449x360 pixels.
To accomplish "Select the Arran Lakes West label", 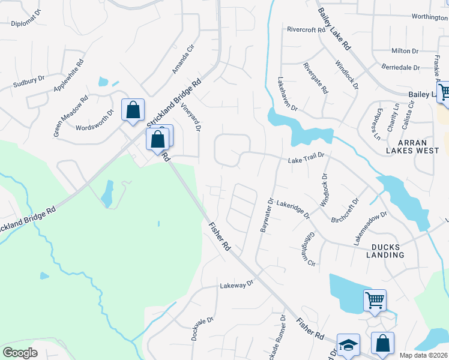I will click(411, 146).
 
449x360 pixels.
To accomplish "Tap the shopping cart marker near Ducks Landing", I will click(375, 300).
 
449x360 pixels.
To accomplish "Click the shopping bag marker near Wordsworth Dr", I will click(133, 110).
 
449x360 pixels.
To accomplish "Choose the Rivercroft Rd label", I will click(309, 29).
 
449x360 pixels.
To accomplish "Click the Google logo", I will click(20, 353).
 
